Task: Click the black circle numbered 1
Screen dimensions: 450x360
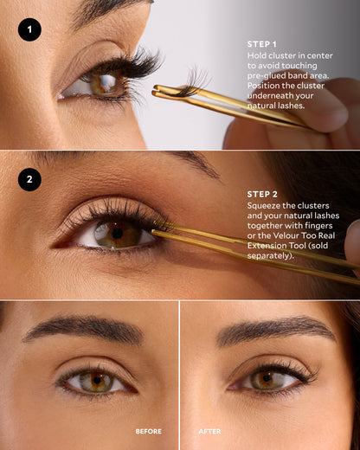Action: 29,30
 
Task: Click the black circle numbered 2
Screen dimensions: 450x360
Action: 29,179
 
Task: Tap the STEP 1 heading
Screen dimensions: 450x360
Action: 262,44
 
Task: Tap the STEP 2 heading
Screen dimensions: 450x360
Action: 262,194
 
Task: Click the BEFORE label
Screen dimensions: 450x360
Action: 148,431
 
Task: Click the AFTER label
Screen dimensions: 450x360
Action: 209,431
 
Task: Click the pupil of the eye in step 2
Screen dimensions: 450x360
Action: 116,233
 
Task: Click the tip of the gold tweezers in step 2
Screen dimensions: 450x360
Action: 157,232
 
